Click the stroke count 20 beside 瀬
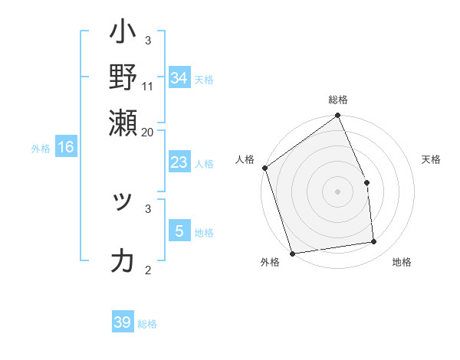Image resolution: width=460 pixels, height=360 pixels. click(148, 131)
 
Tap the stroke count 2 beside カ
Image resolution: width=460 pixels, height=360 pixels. click(148, 270)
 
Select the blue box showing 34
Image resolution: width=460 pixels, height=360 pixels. click(179, 78)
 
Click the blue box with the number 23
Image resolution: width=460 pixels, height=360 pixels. click(179, 162)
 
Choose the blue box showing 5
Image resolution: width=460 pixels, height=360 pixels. click(179, 231)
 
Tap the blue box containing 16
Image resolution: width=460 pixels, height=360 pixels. click(65, 147)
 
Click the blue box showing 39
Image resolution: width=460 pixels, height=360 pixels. click(122, 322)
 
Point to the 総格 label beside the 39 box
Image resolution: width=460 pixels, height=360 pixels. click(147, 324)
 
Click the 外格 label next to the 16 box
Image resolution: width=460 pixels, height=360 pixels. click(41, 149)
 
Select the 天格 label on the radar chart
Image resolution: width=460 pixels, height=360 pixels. click(431, 159)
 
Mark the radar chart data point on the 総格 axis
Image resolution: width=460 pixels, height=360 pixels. click(338, 116)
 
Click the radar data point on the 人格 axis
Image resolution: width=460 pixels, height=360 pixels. click(264, 168)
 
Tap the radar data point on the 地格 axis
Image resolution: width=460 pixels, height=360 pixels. click(374, 242)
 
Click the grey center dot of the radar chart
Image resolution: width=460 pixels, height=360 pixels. click(338, 191)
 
